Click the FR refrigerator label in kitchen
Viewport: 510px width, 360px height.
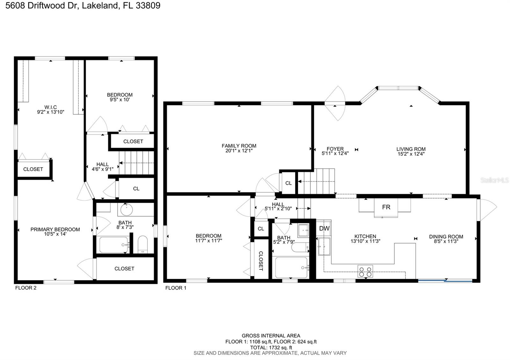coord(386,207)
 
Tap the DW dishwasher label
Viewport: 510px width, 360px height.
coord(324,228)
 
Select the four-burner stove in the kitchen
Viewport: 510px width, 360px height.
coord(365,271)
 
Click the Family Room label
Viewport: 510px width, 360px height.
coord(239,146)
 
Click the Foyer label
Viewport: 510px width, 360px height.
coord(335,149)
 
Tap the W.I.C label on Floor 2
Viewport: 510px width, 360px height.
coord(51,107)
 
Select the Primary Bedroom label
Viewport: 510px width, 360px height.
coord(55,229)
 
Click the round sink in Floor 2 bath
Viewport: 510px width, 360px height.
coord(127,210)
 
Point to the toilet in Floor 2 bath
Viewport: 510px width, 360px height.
coord(142,244)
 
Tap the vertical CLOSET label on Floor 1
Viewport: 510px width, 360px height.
coord(261,261)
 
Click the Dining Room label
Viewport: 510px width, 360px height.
coord(446,236)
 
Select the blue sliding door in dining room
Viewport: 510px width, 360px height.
coord(445,281)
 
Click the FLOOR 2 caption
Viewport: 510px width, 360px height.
coord(26,288)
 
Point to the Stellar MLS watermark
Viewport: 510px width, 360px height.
coord(494,180)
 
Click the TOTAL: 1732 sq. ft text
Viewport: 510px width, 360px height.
coord(271,348)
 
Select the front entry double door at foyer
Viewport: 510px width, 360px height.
coord(335,103)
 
